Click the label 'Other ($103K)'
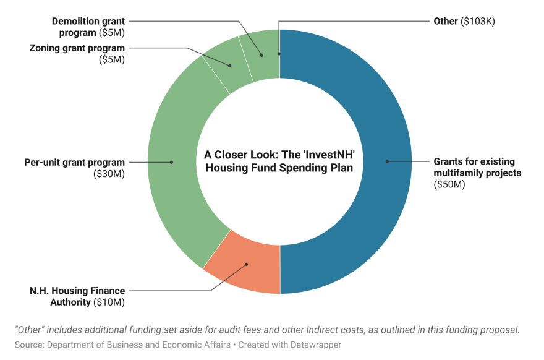(464, 21)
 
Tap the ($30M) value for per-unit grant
(109, 174)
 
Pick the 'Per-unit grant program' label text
(74, 163)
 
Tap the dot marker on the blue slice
(387, 161)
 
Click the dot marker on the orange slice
(247, 265)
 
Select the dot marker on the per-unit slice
(171, 162)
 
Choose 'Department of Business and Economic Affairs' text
(139, 345)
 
